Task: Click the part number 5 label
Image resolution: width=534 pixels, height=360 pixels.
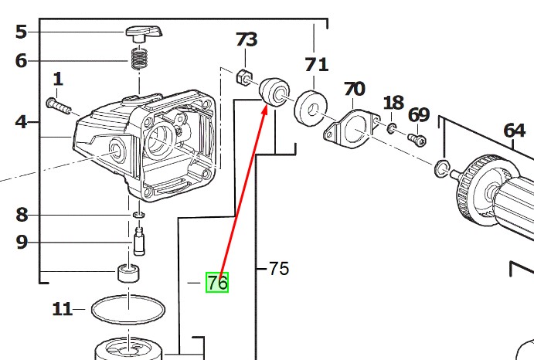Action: coord(21,32)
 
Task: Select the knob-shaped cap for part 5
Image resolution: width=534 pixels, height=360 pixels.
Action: coord(143,32)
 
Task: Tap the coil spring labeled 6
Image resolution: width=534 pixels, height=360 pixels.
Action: coord(140,58)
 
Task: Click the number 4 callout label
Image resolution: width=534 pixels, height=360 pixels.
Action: coord(21,121)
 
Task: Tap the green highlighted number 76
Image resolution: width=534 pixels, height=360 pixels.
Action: coord(217,284)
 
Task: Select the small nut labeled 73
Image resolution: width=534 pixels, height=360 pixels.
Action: coord(241,76)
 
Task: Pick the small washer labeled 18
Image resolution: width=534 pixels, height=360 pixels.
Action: coord(393,126)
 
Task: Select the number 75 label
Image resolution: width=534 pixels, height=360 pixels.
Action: coord(278,269)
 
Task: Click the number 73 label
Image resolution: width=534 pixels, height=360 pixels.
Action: coord(247,39)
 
